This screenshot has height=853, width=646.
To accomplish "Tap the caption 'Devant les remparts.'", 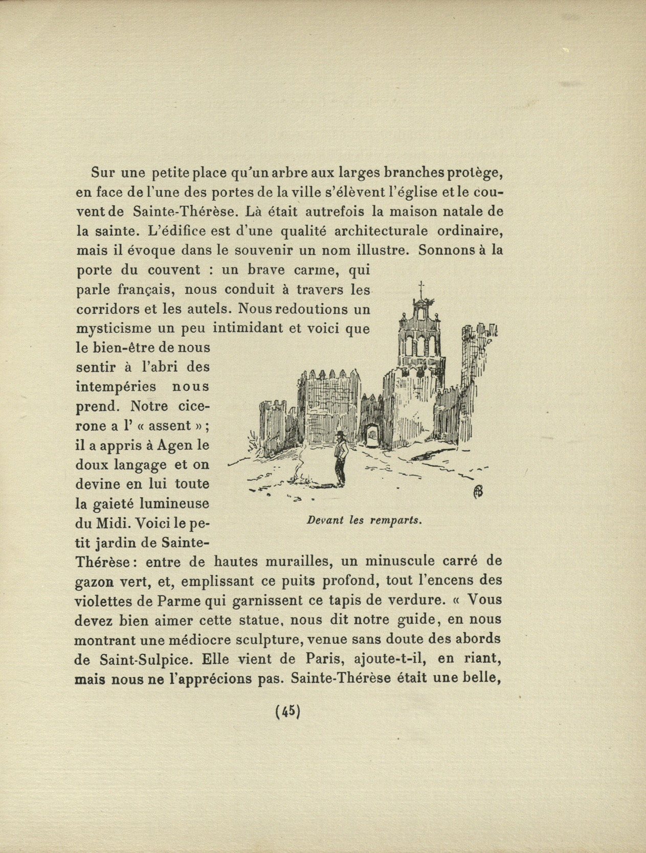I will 364,521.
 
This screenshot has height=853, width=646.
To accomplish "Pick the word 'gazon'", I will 95,582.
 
